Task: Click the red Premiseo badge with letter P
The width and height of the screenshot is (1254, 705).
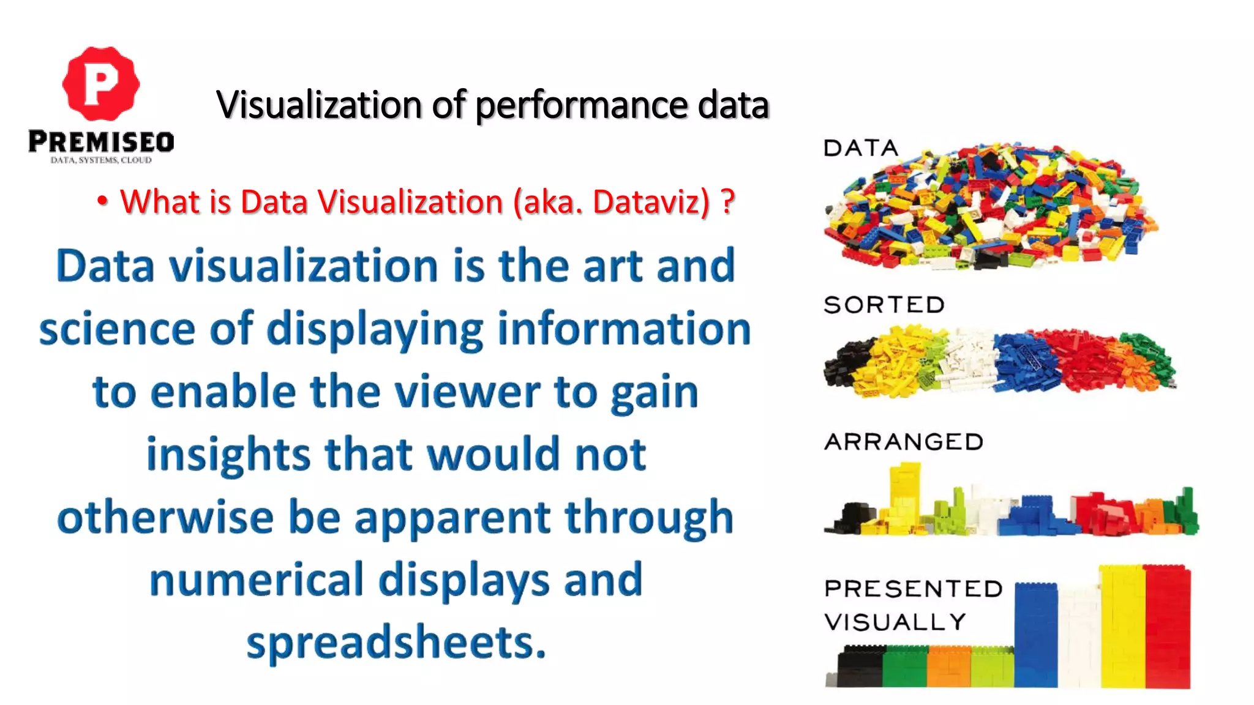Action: [101, 84]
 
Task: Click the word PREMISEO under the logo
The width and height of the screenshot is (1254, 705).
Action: [101, 142]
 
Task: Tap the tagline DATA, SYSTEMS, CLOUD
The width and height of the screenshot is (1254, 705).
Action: [101, 160]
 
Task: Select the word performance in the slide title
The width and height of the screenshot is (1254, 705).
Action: [581, 105]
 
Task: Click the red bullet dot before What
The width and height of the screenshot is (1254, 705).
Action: [102, 201]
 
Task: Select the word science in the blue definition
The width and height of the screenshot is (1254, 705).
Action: [117, 329]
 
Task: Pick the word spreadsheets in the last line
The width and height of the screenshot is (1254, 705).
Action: [396, 643]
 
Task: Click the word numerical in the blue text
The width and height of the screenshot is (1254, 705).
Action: [257, 580]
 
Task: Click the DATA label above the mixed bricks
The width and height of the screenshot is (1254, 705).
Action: [860, 148]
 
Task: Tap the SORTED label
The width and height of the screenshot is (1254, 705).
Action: [884, 305]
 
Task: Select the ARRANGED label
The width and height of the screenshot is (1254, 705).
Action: [904, 442]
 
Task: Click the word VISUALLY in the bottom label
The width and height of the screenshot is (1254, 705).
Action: [895, 622]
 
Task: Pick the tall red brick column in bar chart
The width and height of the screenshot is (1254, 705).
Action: [1167, 627]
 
